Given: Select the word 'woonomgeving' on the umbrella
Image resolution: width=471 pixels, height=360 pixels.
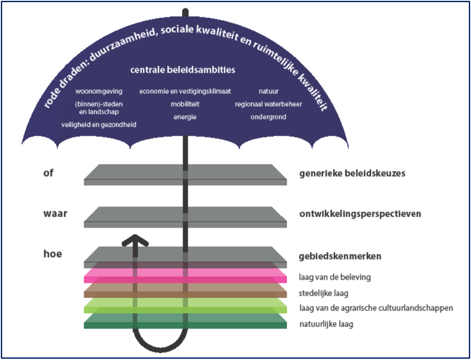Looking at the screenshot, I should click(x=99, y=91).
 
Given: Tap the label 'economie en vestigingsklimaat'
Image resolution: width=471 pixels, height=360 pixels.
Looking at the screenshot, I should click(x=185, y=91).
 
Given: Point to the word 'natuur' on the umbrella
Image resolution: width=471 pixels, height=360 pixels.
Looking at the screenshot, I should click(x=268, y=91).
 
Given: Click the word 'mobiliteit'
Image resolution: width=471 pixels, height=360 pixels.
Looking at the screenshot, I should click(x=185, y=104).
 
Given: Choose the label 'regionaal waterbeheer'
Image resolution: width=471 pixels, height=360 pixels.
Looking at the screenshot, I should click(x=268, y=104).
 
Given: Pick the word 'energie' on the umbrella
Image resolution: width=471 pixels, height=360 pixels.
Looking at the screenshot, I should click(x=185, y=117).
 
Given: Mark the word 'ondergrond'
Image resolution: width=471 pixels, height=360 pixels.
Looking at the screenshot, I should click(x=268, y=117).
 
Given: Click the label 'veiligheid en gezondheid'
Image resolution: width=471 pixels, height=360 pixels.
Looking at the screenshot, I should click(x=99, y=124).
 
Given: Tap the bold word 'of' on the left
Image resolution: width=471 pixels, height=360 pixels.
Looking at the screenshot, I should click(x=48, y=174).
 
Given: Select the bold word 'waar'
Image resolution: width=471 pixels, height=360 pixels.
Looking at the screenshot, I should click(x=55, y=213).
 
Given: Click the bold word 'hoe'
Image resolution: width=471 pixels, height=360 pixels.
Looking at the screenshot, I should click(x=53, y=254).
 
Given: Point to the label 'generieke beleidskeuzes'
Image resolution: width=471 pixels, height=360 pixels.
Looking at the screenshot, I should click(x=352, y=174).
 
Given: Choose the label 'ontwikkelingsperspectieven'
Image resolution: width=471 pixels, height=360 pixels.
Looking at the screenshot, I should click(x=360, y=214).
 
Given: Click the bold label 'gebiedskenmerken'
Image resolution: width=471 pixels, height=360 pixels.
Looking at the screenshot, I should click(x=340, y=257).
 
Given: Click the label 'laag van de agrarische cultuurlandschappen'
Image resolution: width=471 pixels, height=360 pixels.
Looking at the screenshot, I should click(x=376, y=308).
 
